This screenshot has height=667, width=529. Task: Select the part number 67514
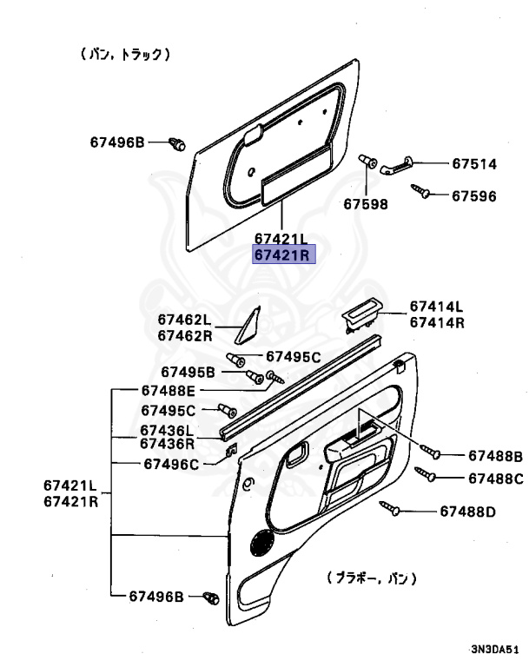pos(473,163)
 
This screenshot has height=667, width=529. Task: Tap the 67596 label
pos(473,195)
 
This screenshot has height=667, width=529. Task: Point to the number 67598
pos(366,204)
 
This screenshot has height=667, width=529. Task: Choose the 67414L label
pos(437,307)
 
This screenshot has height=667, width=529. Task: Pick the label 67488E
pos(169,392)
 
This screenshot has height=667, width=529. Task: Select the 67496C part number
pos(170,464)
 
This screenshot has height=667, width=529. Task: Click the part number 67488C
pos(495,478)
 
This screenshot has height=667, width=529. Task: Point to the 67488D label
pos(467,512)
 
